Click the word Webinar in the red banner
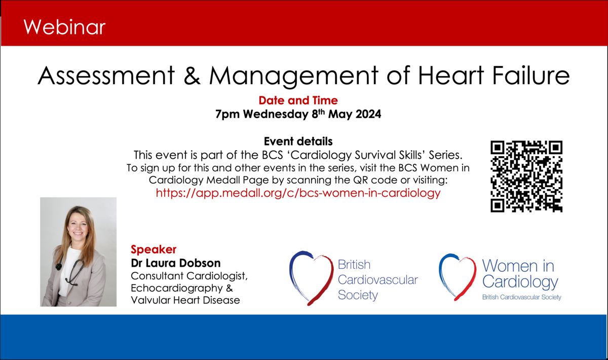pos(64,27)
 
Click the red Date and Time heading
pos(298,100)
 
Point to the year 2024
pos(368,114)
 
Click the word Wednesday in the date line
pos(276,114)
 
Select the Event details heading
pos(298,141)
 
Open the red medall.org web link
pos(298,193)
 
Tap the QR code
pos(526,176)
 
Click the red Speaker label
pos(154,249)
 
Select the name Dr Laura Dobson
pos(176,263)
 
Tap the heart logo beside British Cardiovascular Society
pos(311,278)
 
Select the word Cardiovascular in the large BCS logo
pos(378,280)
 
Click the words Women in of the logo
pos(518,266)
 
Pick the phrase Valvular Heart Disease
pos(185,300)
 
